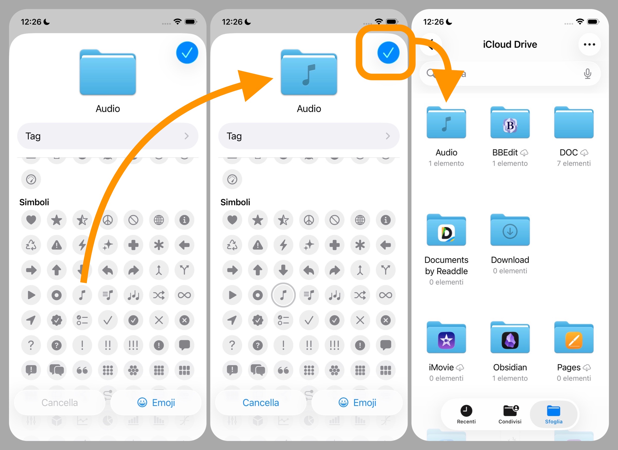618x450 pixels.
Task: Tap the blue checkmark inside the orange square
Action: [388, 53]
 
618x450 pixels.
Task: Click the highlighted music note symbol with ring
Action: [283, 295]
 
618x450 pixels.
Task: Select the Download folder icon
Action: [510, 230]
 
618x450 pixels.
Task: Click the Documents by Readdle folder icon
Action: [446, 230]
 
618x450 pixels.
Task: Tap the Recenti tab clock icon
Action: [466, 411]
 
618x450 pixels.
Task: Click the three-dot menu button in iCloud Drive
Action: [589, 44]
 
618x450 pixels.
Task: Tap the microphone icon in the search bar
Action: [587, 74]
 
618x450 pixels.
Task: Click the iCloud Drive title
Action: [510, 44]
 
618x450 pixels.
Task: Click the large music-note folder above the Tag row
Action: [309, 72]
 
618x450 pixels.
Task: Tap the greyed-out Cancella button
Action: [60, 403]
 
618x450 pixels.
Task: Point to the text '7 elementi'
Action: [574, 163]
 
